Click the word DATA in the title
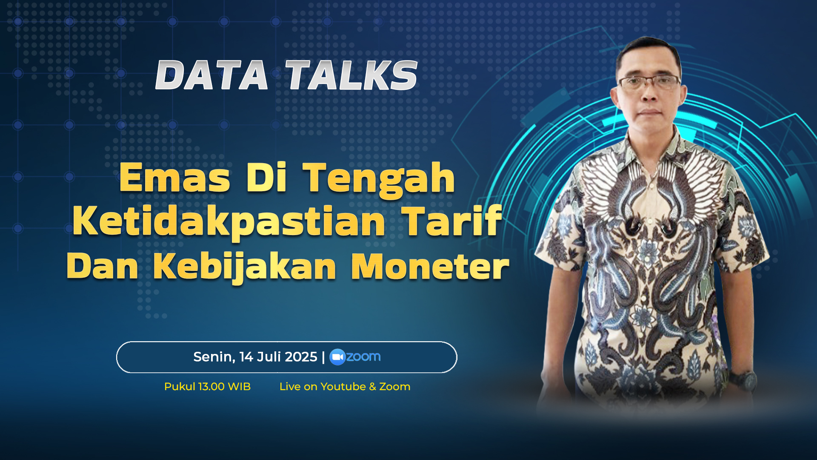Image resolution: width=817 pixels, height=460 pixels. pos(211,75)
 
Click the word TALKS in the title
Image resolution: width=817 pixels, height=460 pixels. pos(351,75)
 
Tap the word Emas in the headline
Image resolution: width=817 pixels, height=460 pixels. pos(175,178)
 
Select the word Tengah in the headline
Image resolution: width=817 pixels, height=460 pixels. pos(379,179)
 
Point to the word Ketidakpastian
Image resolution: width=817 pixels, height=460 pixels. pos(229,222)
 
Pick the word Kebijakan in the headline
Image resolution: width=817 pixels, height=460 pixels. pos(245,267)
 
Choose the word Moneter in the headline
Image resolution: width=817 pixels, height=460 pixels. pos(430,267)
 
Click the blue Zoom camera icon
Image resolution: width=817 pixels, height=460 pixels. pos(337,357)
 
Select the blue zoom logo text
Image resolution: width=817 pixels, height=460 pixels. pos(363,356)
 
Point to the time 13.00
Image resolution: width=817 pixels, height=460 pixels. pos(211,387)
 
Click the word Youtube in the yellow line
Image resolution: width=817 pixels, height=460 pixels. pos(343,387)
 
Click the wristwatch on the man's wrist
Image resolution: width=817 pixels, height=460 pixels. pos(745,380)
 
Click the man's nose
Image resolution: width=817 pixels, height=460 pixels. pos(648,95)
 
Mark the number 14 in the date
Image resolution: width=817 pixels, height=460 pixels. pos(246,356)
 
